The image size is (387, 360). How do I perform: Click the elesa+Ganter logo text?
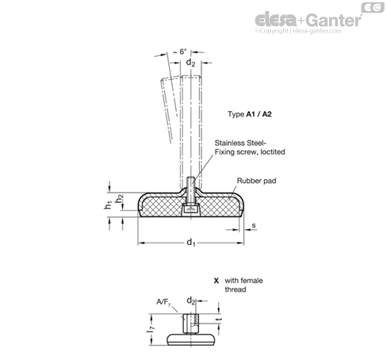coord(308,20)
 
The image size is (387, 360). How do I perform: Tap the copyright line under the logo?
coord(298,31)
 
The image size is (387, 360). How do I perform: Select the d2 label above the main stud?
coord(190,63)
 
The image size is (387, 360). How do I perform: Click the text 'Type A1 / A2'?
coord(250,114)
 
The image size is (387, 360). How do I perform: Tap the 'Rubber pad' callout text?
coord(256,181)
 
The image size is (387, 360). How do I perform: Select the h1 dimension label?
coord(108,205)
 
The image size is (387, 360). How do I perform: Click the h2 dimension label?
coord(121,198)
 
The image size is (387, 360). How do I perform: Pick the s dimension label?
coord(254,225)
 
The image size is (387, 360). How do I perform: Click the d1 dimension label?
coord(191,243)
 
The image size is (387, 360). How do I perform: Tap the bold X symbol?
coord(216,281)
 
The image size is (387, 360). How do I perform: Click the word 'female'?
coord(251,281)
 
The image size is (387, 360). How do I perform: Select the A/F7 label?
coord(163,302)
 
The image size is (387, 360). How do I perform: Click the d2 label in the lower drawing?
coord(191,301)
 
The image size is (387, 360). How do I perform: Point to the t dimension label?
coord(219,320)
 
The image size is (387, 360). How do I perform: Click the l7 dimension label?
coord(151,329)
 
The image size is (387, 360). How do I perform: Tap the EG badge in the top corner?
coord(373,7)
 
